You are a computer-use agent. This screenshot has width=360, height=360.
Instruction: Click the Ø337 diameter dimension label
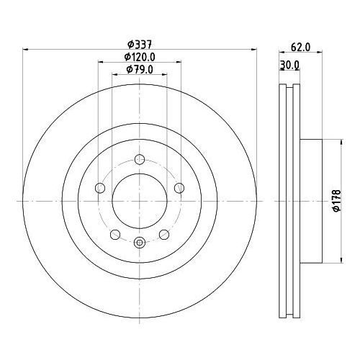[x=140, y=44]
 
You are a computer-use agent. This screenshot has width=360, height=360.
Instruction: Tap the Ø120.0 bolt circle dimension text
[x=140, y=57]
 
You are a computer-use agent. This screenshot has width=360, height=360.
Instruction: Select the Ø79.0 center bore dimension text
[x=140, y=70]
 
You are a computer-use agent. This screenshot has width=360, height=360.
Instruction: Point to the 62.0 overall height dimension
[x=300, y=48]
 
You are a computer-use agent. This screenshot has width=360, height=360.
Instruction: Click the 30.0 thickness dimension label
[x=289, y=65]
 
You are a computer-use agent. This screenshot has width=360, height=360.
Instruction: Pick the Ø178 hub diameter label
[x=337, y=201]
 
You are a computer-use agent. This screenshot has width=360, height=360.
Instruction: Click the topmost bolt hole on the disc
[x=140, y=159]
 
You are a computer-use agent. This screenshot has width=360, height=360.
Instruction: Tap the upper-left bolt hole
[x=100, y=188]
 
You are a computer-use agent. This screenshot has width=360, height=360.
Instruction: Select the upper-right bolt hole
[x=179, y=188]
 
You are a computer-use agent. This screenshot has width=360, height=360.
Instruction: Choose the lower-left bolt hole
[x=115, y=234]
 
